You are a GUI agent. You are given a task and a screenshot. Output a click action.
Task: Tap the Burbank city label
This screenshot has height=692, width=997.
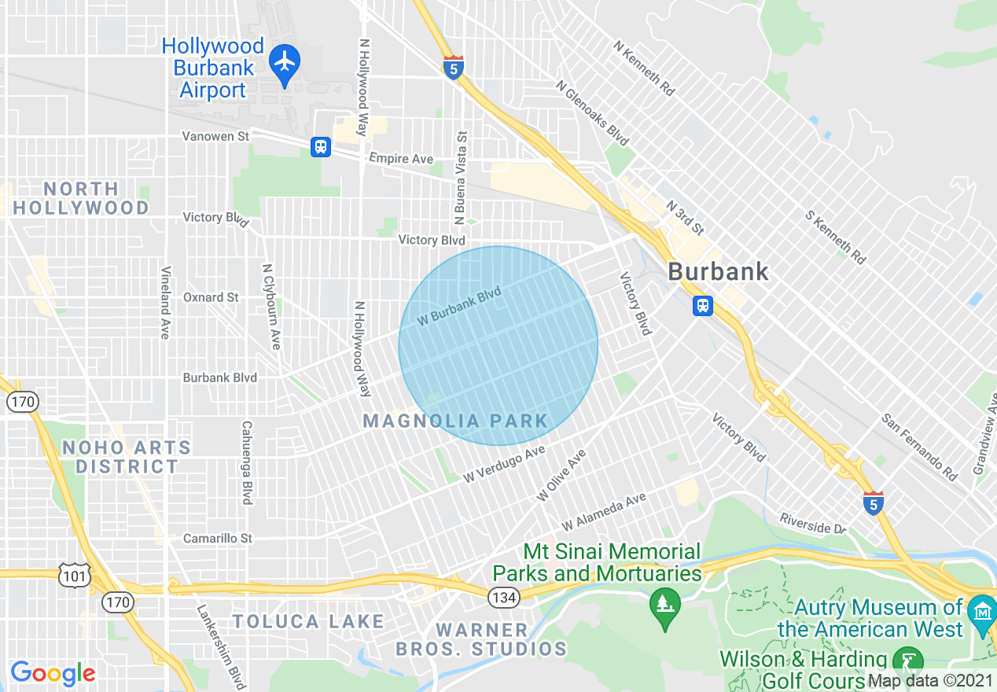(x=718, y=272)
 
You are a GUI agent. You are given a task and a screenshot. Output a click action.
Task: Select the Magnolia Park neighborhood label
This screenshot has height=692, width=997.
(x=455, y=421)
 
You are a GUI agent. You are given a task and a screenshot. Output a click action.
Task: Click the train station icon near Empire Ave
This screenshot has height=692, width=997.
(x=321, y=146)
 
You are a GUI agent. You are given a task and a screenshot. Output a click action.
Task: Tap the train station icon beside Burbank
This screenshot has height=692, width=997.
(x=702, y=305)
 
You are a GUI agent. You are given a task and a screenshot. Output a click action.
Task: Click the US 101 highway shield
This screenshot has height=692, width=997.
(x=71, y=574)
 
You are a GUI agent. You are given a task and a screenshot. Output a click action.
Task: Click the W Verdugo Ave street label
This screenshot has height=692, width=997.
(x=504, y=465)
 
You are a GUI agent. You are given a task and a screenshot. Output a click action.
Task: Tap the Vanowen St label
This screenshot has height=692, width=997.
(x=215, y=136)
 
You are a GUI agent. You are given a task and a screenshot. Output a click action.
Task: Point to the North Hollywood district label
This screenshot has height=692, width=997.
(x=81, y=198)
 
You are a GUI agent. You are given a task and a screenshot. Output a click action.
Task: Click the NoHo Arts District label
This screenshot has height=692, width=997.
(x=127, y=457)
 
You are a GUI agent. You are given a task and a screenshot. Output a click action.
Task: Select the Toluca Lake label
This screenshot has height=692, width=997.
(x=307, y=622)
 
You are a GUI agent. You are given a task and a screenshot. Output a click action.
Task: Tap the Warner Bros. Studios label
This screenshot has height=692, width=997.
(x=481, y=639)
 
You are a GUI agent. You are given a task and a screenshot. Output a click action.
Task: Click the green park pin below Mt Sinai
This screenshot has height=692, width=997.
(x=665, y=607)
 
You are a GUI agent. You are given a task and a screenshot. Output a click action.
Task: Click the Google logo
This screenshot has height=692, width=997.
(x=53, y=674)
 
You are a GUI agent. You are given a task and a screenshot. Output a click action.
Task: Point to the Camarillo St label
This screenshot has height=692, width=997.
(x=218, y=539)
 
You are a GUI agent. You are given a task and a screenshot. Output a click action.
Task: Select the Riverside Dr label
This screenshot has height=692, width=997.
(x=812, y=524)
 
